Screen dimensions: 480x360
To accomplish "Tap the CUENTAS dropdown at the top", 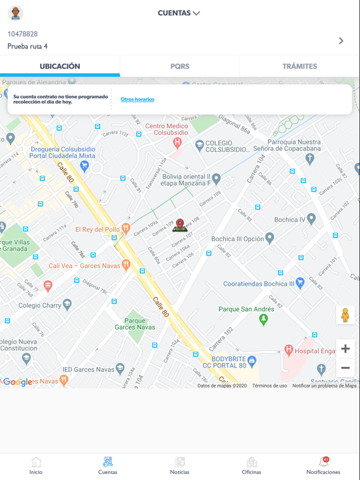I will coord(179,13).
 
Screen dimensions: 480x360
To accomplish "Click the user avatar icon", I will coord(16,13).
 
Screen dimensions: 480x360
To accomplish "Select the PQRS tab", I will coord(180,66).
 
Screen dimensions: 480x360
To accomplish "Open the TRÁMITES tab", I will coord(299,66).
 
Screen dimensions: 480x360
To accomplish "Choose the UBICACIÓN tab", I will coord(60,66).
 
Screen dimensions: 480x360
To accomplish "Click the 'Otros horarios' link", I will coord(137,99).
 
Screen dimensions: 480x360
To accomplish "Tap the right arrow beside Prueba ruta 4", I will coord(341,41).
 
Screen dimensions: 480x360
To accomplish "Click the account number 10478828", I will coord(22,34).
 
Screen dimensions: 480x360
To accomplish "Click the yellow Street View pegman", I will coord(345,316).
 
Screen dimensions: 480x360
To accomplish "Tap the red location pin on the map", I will coord(180,225).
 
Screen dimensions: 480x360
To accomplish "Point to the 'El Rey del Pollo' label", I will coord(97,229).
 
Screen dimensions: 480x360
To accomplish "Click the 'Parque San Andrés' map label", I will coord(246,309).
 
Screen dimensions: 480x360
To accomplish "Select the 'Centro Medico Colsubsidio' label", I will coord(167,129).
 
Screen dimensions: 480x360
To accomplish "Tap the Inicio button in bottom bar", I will coord(36,466).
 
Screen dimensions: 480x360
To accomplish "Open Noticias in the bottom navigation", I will coord(180,466).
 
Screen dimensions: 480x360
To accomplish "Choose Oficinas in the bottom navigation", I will coord(251,466).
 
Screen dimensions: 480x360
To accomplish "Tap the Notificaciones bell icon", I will coord(324,463).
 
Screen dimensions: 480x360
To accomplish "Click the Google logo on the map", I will coord(17,382).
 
